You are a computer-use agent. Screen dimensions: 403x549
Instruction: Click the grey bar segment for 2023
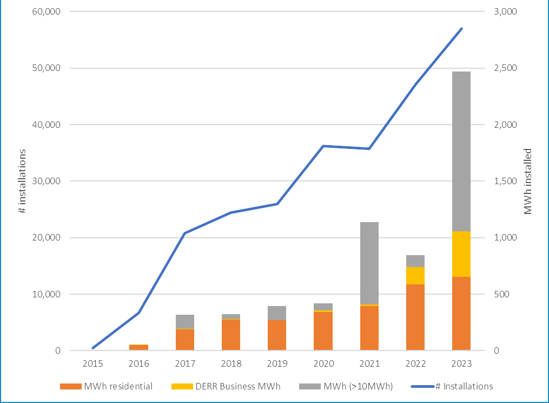[x=461, y=151]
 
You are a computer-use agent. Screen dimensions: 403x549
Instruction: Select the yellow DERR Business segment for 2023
[x=461, y=254]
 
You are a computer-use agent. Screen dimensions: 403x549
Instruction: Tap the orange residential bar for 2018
[x=231, y=335]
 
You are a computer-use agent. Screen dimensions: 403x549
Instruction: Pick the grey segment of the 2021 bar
[x=369, y=263]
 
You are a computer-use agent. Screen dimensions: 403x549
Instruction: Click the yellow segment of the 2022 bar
[x=415, y=276]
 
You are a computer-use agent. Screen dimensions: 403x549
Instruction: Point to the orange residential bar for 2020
[x=323, y=331]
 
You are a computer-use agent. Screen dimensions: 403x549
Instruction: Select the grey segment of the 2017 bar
[x=185, y=322]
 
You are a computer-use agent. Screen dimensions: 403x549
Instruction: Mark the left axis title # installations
[x=22, y=181]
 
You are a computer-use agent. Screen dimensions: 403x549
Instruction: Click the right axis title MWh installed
[x=528, y=181]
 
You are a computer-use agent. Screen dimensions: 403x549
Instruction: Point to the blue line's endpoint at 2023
[x=461, y=28]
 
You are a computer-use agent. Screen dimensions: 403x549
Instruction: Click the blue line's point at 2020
[x=323, y=146]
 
